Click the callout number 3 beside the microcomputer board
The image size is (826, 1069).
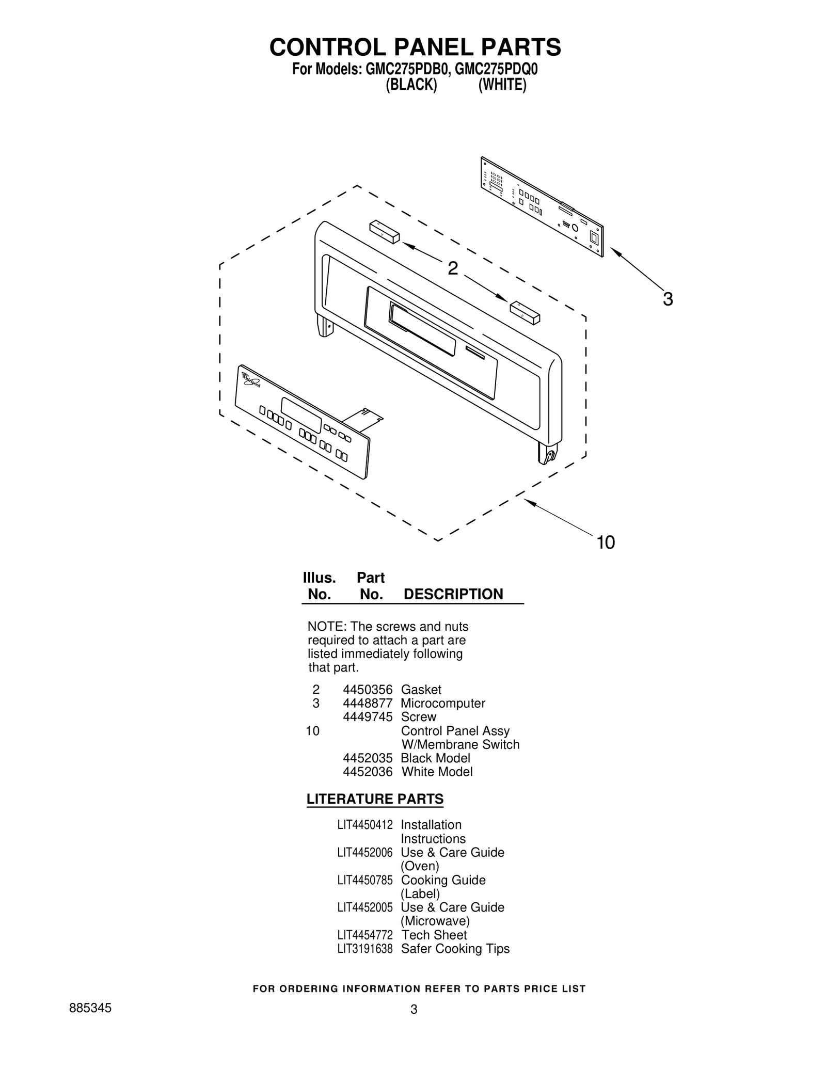pos(668,299)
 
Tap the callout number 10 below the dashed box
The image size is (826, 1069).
pos(606,543)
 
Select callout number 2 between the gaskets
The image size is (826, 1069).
pos(452,268)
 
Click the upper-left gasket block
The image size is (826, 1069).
pos(384,232)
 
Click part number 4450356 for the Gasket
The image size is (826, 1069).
pos(368,690)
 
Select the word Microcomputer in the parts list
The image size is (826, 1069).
pos(443,703)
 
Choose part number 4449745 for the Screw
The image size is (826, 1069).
pos(368,717)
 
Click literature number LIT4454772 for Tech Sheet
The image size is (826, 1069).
pos(365,935)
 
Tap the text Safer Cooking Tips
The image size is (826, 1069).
pos(455,949)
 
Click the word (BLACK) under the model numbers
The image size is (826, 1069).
pos(411,85)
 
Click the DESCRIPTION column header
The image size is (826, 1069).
pos(453,594)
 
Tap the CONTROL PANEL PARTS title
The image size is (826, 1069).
pos(415,47)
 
